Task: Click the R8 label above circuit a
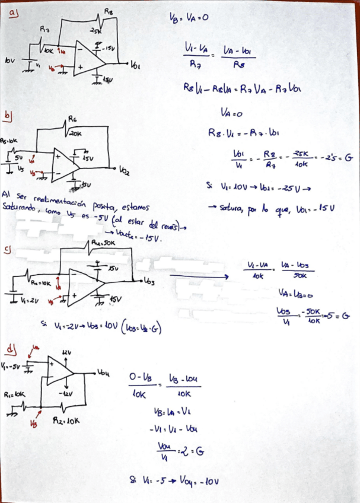[x=109, y=11]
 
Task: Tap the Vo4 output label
[x=104, y=373]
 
